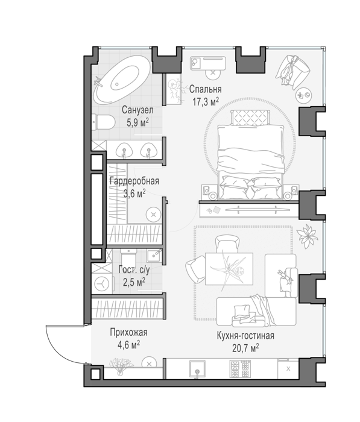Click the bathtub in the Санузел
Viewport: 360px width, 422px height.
(x=122, y=80)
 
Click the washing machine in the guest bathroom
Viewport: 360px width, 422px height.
(x=102, y=283)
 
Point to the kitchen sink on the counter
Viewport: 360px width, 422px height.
(x=197, y=369)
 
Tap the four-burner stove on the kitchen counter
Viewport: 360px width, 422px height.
(x=240, y=369)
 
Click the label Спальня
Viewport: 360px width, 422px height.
(x=205, y=89)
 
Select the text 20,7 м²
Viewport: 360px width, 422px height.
(x=245, y=348)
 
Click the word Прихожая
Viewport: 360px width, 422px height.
(x=128, y=332)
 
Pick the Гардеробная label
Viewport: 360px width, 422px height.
(x=134, y=181)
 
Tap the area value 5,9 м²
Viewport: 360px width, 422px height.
(x=138, y=123)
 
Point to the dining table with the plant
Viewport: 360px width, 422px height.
(x=229, y=269)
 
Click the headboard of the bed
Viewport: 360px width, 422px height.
(x=250, y=118)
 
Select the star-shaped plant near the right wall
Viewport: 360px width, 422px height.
(x=307, y=236)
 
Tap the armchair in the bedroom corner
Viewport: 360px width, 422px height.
(x=292, y=71)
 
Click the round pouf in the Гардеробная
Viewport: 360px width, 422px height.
(x=154, y=215)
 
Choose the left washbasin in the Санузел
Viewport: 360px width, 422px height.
(x=124, y=150)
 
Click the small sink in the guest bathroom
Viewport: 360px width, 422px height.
(x=154, y=255)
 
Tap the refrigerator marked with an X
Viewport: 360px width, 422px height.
(x=288, y=369)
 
